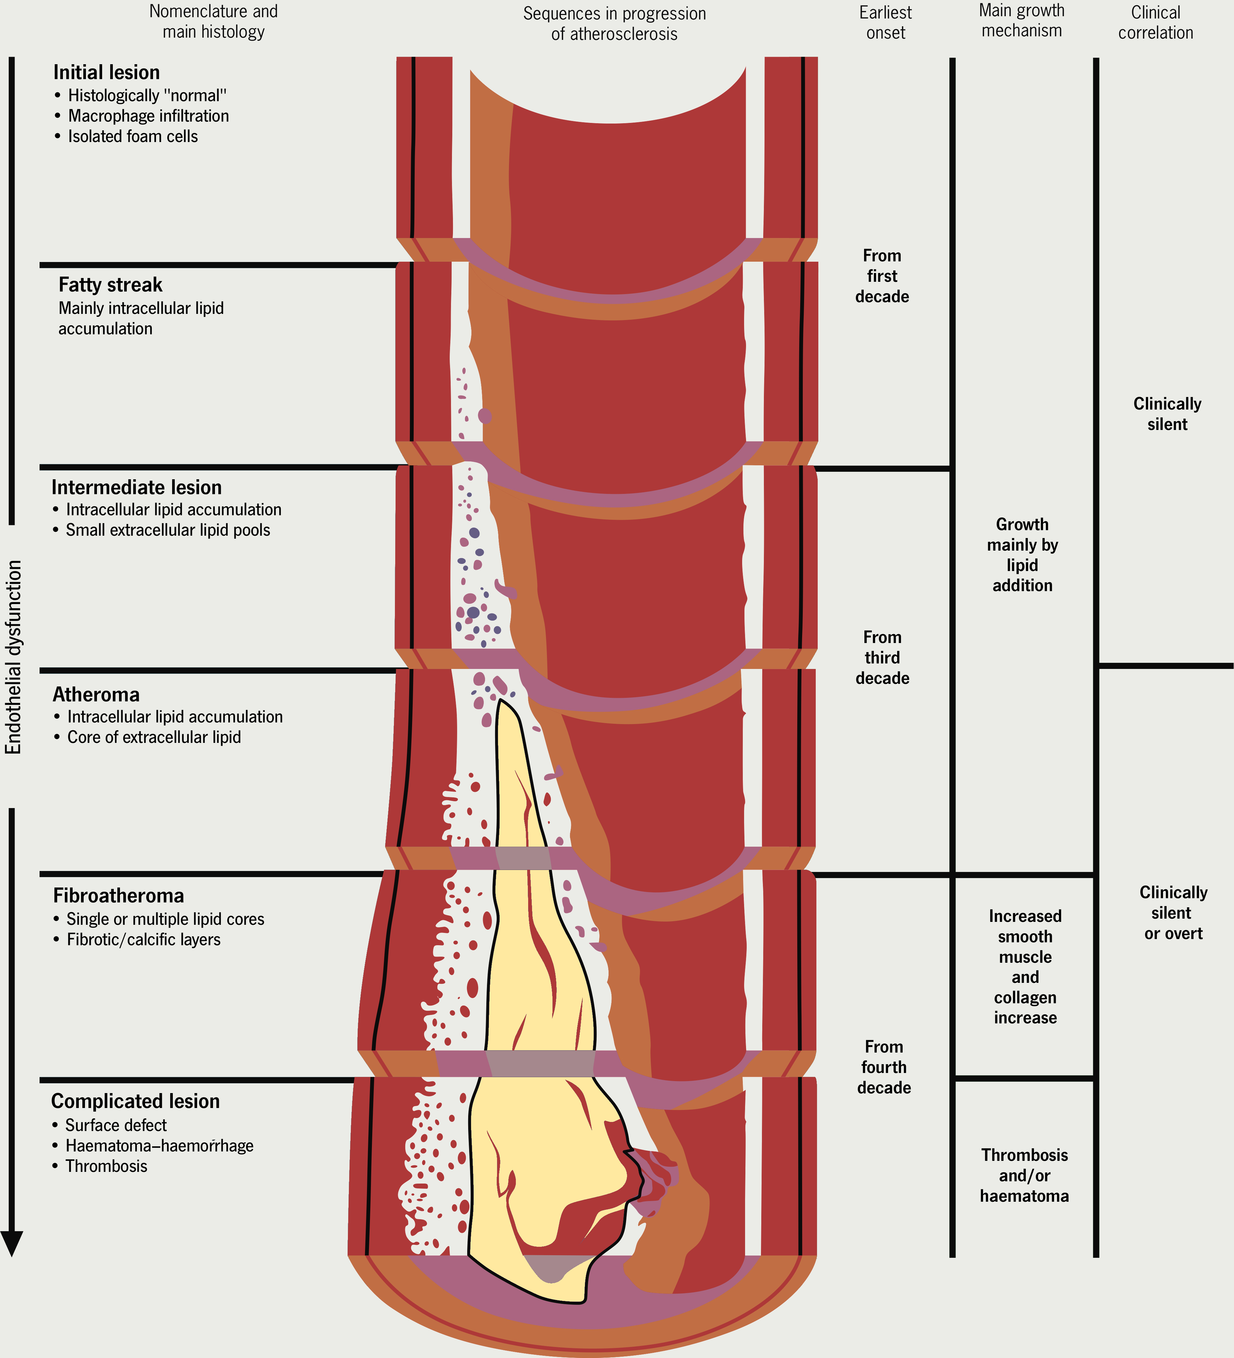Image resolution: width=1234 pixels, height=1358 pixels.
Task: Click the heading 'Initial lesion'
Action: (x=106, y=72)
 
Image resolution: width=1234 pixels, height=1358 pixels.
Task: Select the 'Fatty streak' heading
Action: (x=111, y=285)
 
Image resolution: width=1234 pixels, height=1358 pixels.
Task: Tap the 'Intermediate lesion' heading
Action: (x=137, y=487)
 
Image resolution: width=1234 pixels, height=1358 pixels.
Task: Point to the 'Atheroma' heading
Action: (x=96, y=695)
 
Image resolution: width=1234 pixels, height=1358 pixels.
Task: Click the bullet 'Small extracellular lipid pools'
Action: (x=168, y=530)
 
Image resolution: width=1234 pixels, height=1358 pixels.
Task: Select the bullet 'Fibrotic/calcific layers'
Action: (x=144, y=940)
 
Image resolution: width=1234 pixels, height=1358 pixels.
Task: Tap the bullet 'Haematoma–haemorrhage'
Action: (x=159, y=1146)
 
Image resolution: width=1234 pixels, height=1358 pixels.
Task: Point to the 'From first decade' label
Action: (x=882, y=276)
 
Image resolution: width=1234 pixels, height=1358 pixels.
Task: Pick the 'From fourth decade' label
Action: (x=884, y=1067)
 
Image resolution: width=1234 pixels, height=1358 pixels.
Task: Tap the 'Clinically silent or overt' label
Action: (x=1173, y=913)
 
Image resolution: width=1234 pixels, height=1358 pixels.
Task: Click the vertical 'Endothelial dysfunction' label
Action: (x=14, y=657)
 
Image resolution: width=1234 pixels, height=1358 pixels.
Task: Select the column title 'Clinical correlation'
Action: (x=1155, y=22)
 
